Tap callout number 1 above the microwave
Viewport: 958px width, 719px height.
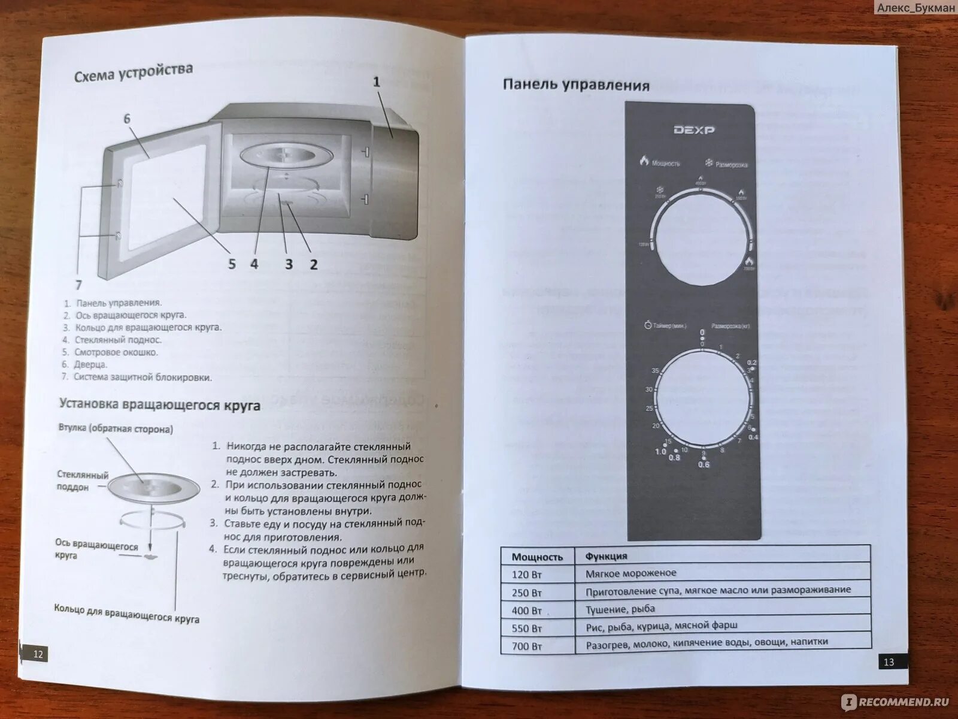coord(377,82)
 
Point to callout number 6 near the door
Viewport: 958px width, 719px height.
coord(127,119)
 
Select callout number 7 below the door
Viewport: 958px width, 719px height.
coord(78,285)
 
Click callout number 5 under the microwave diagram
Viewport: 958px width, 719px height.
coord(232,264)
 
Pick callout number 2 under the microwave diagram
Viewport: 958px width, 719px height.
coord(313,264)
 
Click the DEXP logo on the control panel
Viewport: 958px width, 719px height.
coord(694,129)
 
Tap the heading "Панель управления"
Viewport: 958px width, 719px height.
coord(576,85)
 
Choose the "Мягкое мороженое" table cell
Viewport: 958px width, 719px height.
coord(630,573)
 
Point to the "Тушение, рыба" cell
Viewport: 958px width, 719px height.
coord(620,609)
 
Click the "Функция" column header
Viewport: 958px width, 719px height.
coord(606,556)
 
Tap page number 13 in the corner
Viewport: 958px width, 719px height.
coord(889,661)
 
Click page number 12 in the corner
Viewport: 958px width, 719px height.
coord(38,654)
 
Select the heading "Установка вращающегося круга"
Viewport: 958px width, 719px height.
coord(160,404)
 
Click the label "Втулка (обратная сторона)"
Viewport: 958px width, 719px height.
coord(116,428)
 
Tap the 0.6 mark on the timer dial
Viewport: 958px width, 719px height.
coord(704,464)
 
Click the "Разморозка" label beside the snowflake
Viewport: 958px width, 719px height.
coord(731,164)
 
